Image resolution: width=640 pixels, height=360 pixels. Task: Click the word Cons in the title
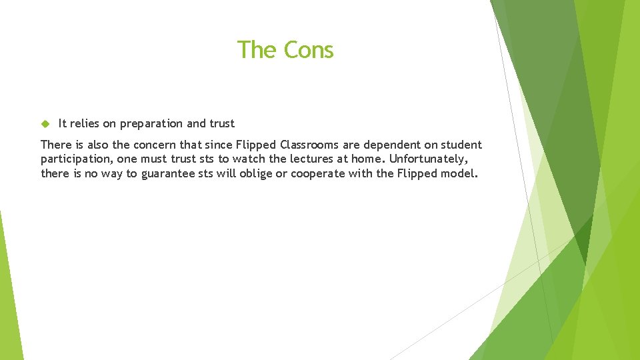(x=309, y=50)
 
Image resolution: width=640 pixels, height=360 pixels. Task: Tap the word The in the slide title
(x=252, y=50)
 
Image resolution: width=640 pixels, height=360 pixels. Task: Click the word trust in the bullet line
(x=222, y=123)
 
